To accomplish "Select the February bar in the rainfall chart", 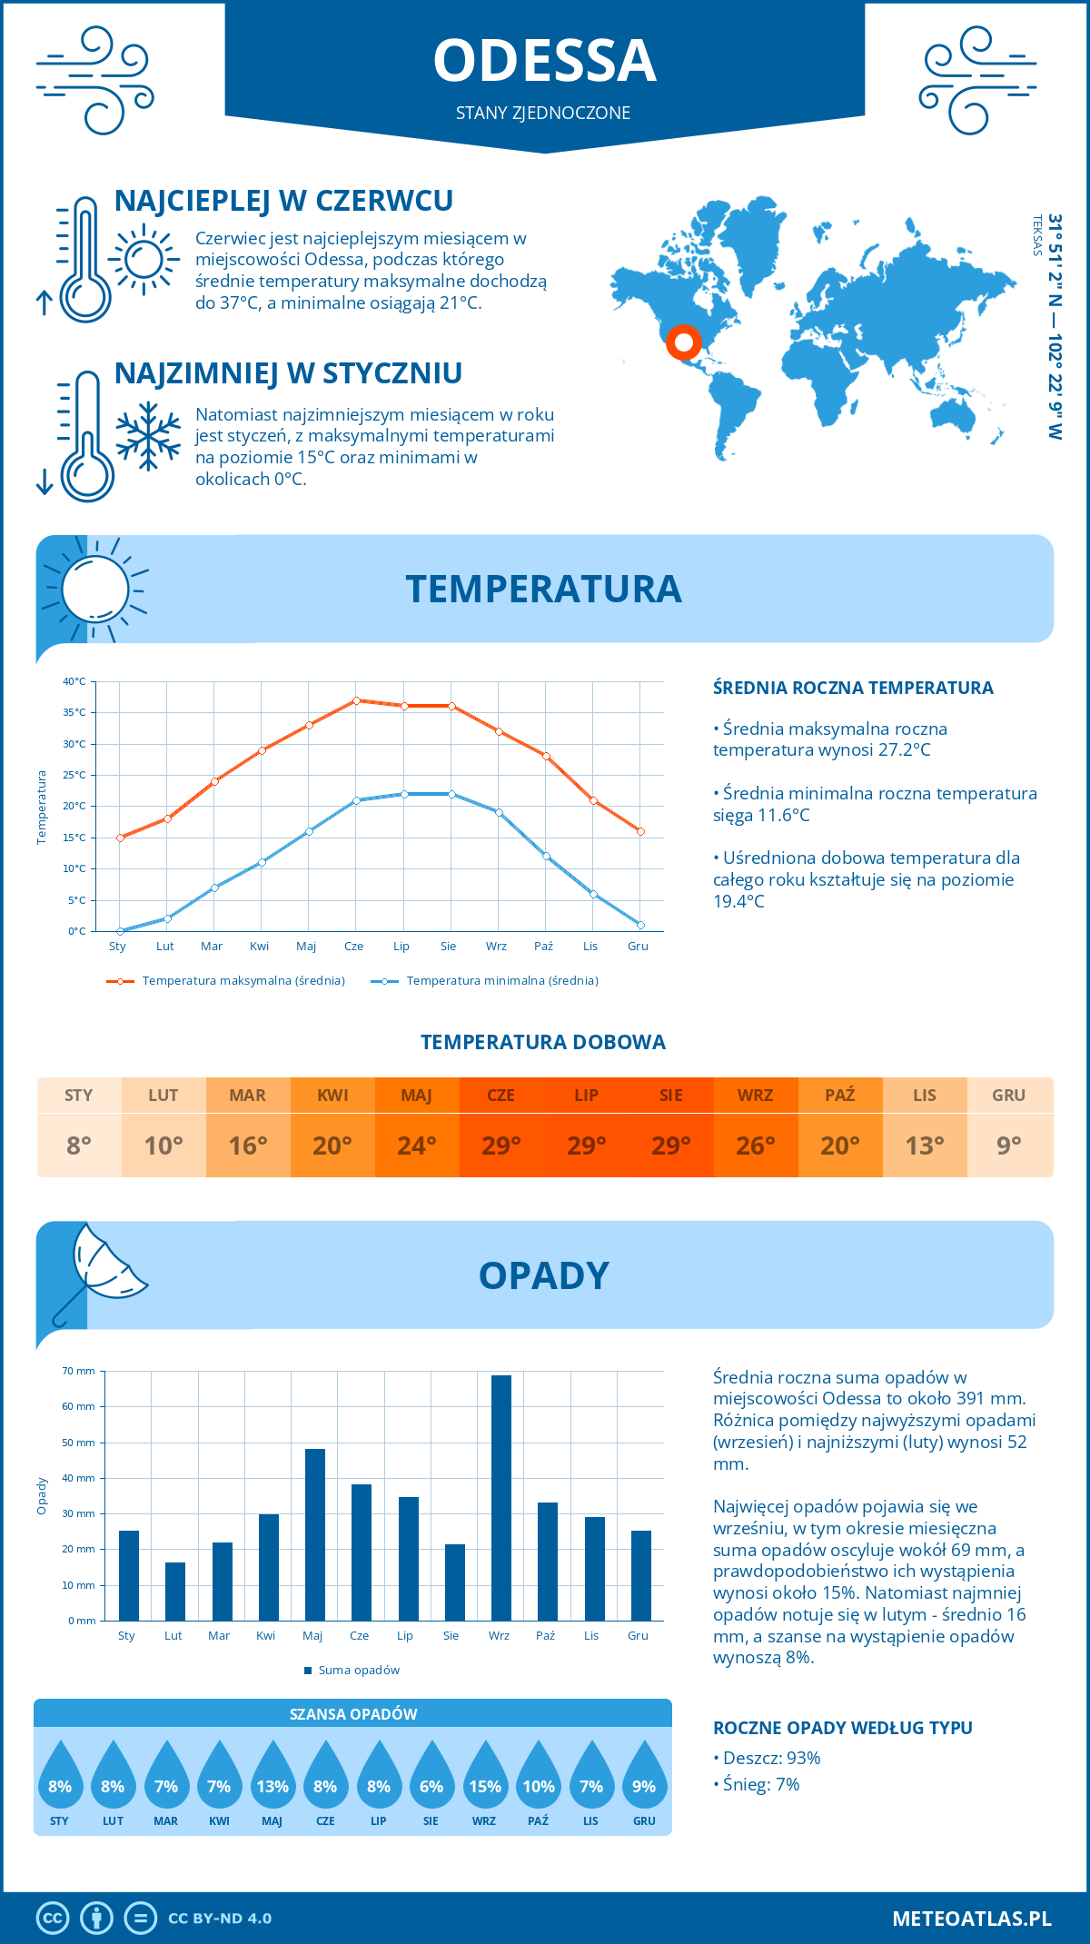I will point(175,1591).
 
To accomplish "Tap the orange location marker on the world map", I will point(683,342).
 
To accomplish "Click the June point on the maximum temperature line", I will point(356,700).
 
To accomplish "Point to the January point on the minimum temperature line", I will point(120,931).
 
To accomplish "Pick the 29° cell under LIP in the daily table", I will point(586,1146).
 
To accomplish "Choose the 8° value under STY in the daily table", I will point(79,1146).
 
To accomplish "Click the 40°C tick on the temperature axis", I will point(74,681).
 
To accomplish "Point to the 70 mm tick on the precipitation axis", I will point(79,1371).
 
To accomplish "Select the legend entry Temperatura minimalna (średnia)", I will point(501,981).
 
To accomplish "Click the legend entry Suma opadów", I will point(358,1670).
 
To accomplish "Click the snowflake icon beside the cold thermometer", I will point(148,436).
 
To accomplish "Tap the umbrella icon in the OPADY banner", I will point(100,1270).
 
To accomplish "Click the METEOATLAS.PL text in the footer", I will point(971,1919).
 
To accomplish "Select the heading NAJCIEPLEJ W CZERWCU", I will point(283,201).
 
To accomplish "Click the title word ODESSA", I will point(544,62).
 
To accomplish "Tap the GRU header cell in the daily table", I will point(1008,1096).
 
